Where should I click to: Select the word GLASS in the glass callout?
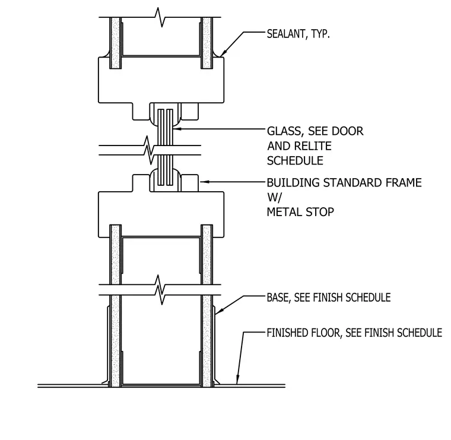click(284, 131)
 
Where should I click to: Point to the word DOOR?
click(348, 131)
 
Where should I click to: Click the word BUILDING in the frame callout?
click(293, 183)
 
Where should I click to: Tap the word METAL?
click(284, 212)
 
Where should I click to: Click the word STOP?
click(320, 212)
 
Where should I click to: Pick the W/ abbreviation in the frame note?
click(275, 197)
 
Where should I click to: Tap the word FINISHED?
click(288, 333)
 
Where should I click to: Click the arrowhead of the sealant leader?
click(222, 54)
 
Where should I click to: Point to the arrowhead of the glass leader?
click(177, 129)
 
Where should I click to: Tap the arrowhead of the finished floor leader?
click(237, 380)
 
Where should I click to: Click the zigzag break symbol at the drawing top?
click(160, 17)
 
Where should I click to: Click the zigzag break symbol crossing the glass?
click(150, 150)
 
